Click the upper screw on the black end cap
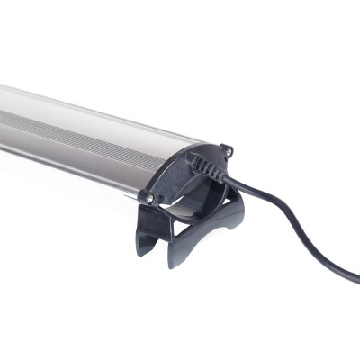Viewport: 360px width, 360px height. pyautogui.click(x=227, y=149)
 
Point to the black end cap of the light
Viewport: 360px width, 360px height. pyautogui.click(x=180, y=180)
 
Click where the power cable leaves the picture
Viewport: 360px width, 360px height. pyautogui.click(x=356, y=277)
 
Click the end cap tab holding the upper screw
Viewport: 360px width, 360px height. pyautogui.click(x=226, y=150)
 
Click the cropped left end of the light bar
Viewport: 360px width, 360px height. pyautogui.click(x=4, y=126)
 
